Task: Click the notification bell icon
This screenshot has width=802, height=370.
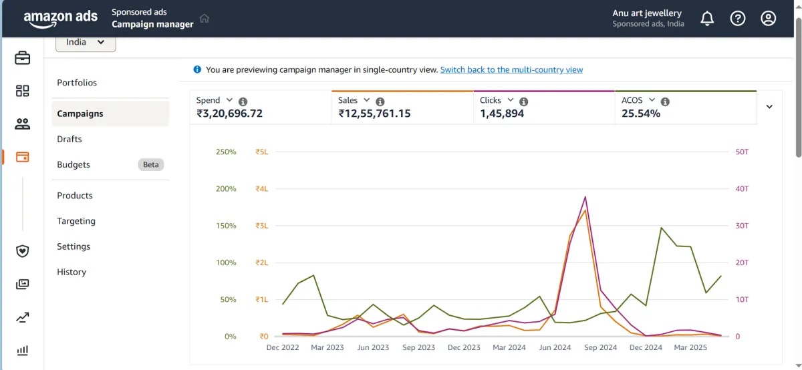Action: pyautogui.click(x=707, y=19)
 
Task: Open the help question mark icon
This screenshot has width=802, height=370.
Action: pyautogui.click(x=738, y=19)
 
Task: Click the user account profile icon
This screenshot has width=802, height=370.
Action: pyautogui.click(x=769, y=19)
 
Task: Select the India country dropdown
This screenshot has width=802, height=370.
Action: pyautogui.click(x=86, y=42)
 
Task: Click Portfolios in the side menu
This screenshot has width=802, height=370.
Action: pyautogui.click(x=77, y=83)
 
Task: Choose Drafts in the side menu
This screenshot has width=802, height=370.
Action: pyautogui.click(x=70, y=139)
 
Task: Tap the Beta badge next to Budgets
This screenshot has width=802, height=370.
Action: pyautogui.click(x=151, y=164)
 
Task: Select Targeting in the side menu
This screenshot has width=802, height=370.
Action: pyautogui.click(x=76, y=221)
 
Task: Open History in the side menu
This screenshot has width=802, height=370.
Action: pyautogui.click(x=72, y=272)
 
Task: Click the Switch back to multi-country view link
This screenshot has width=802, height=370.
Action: pyautogui.click(x=511, y=69)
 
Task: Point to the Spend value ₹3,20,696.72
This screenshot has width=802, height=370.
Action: pyautogui.click(x=229, y=114)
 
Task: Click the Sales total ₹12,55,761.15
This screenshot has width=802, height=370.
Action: pyautogui.click(x=374, y=114)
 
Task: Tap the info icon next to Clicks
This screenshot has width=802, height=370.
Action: pyautogui.click(x=524, y=102)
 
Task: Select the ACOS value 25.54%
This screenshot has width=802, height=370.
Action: pyautogui.click(x=641, y=114)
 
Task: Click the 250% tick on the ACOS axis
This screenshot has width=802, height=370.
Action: pyautogui.click(x=226, y=152)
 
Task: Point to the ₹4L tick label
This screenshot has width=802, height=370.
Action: pyautogui.click(x=261, y=189)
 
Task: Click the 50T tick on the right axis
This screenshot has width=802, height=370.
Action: pyautogui.click(x=742, y=152)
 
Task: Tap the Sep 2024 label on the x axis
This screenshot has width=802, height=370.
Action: pyautogui.click(x=600, y=347)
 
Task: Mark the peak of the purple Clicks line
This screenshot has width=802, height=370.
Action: pyautogui.click(x=585, y=196)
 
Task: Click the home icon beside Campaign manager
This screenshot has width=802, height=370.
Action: pyautogui.click(x=205, y=19)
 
